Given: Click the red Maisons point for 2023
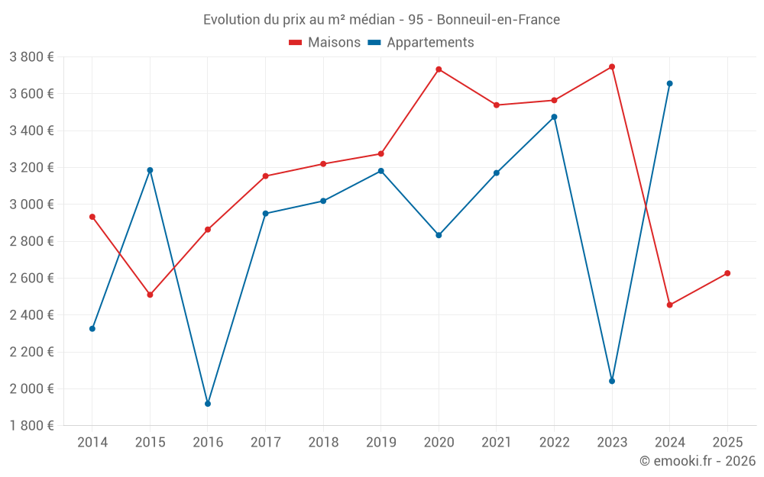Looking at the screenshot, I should [612, 66].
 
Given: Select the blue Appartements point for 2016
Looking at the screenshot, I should [208, 404].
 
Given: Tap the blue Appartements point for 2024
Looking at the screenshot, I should [670, 83].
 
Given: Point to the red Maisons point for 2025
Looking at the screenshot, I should [727, 273].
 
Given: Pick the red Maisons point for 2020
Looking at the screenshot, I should [439, 69].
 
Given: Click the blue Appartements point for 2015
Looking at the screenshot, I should [150, 170].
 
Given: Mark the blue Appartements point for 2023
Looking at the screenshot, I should [612, 381].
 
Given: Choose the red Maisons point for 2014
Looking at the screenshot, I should [92, 217].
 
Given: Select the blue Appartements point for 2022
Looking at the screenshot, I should [554, 117].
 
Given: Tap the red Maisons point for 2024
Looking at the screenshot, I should [670, 305].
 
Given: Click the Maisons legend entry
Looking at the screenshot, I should [325, 43].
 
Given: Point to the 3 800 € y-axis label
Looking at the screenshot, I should [31, 57].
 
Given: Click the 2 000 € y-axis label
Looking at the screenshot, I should [31, 389].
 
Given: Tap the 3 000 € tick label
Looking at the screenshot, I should [31, 205].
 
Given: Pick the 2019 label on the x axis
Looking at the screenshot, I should [380, 442].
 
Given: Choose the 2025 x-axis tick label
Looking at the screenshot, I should [727, 442].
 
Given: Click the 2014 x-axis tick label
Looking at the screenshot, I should [92, 442].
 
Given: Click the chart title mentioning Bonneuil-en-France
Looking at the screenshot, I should [381, 20].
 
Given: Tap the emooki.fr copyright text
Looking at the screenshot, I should [697, 461].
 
